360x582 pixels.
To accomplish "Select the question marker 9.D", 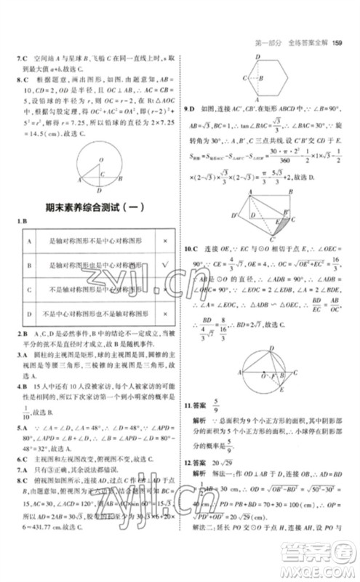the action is click(x=191, y=108).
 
